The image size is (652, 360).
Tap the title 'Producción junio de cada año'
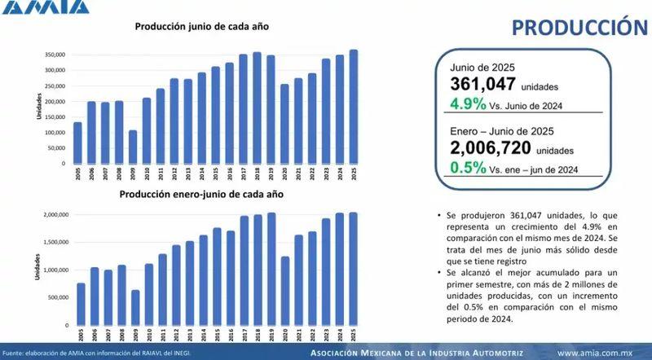[x=201, y=26]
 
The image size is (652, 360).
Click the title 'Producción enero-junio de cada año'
[x=201, y=195]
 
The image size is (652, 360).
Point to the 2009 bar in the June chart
[x=133, y=147]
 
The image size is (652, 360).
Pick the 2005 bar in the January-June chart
[x=80, y=303]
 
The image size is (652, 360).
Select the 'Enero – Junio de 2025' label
[x=502, y=131]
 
